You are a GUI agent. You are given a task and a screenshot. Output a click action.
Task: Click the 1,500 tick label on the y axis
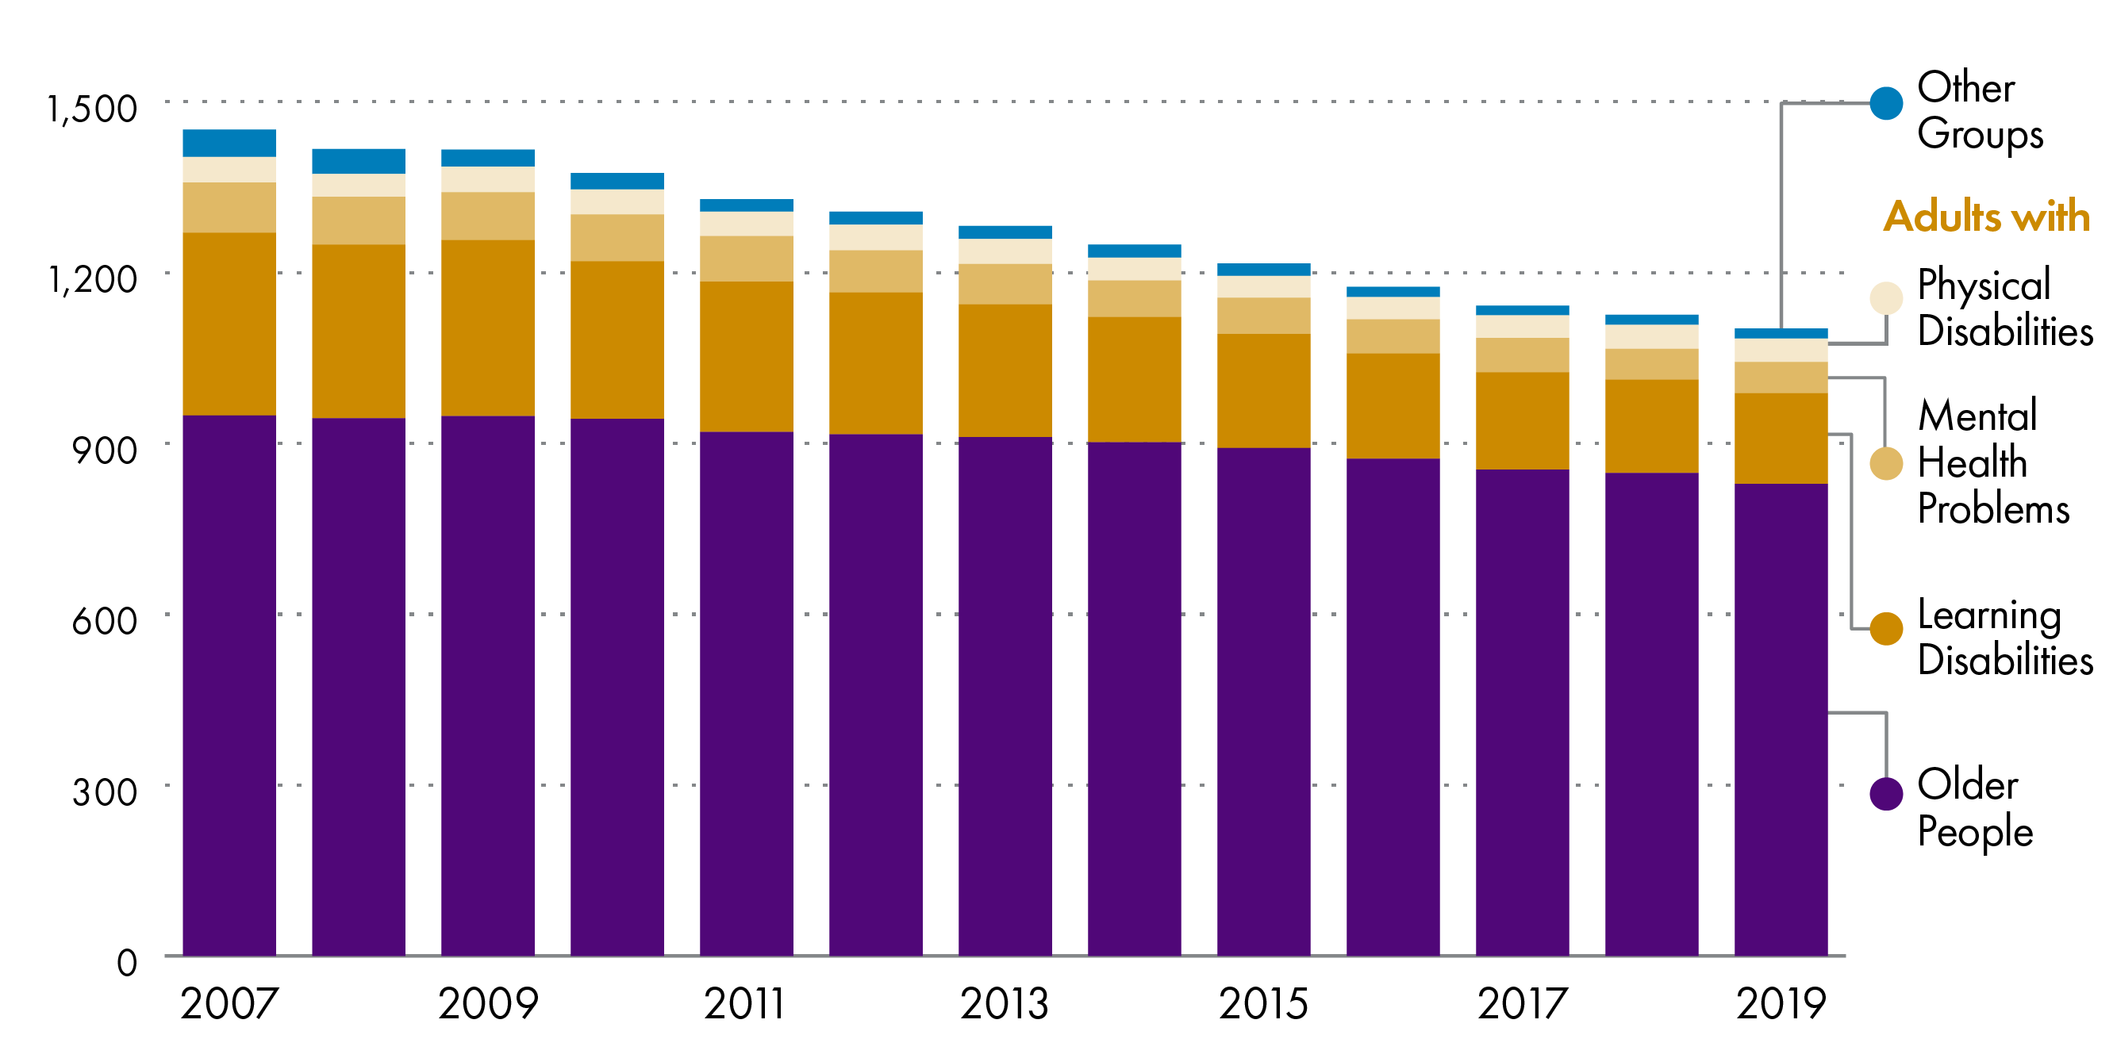click(92, 109)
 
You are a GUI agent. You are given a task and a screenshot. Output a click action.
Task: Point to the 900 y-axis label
click(105, 450)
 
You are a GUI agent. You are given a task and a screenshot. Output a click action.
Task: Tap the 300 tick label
click(105, 792)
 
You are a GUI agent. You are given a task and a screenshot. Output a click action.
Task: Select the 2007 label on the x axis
click(229, 1003)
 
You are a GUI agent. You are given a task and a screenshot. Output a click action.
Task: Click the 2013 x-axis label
click(1005, 1003)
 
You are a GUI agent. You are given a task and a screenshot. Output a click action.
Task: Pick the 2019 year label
click(1781, 1003)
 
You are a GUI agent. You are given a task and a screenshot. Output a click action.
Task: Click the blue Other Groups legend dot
click(1886, 103)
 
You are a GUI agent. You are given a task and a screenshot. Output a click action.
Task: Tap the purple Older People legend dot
click(1886, 793)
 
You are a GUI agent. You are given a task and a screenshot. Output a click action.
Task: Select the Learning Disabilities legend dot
click(1886, 629)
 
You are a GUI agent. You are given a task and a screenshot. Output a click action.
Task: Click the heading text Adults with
click(1986, 216)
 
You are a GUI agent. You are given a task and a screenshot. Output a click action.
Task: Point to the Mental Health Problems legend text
click(1992, 462)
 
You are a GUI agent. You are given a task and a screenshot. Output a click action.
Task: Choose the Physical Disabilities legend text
click(2004, 307)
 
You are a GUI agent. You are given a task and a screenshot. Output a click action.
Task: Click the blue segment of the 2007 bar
click(229, 143)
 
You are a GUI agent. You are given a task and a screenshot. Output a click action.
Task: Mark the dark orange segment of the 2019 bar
click(1781, 438)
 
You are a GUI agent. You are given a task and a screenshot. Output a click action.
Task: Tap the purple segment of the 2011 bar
click(746, 693)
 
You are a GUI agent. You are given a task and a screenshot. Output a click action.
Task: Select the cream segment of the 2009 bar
click(487, 179)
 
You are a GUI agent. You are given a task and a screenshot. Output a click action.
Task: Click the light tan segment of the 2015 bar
click(1263, 316)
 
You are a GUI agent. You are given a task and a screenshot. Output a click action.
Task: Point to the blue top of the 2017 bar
click(1522, 311)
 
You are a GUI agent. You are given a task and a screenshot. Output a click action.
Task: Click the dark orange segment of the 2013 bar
click(1005, 370)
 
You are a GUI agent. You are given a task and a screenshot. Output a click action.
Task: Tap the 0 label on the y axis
click(127, 963)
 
